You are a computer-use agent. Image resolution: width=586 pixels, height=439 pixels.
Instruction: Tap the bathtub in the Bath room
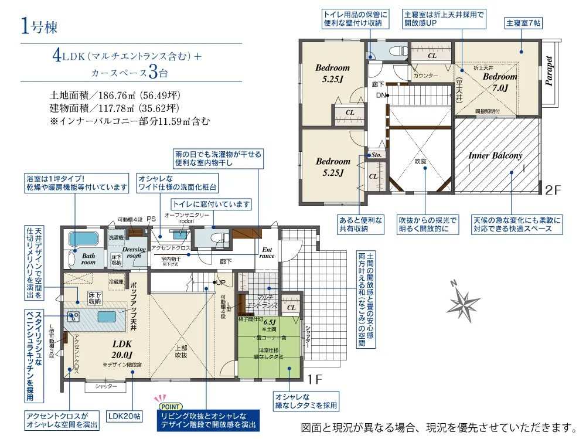[84, 240]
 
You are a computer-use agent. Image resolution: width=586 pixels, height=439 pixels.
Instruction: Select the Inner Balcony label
[495, 156]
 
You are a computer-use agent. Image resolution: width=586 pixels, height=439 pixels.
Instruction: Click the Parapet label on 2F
[549, 72]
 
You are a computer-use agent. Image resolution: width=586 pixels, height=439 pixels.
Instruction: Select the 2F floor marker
[553, 190]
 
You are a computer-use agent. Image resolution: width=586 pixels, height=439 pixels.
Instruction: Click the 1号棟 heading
[39, 26]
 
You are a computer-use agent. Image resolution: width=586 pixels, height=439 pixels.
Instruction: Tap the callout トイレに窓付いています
[211, 205]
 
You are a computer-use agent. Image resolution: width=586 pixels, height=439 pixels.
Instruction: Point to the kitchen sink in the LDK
[74, 317]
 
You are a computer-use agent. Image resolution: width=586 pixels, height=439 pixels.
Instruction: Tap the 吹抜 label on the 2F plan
[421, 161]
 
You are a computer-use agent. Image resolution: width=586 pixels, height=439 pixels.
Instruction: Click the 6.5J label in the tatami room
[270, 322]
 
